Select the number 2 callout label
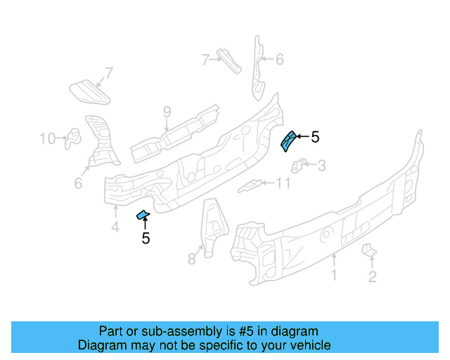(x=372, y=276)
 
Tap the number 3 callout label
(x=322, y=166)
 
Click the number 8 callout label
(x=191, y=259)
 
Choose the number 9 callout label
(x=167, y=112)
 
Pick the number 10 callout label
(x=47, y=139)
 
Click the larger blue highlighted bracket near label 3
(x=288, y=140)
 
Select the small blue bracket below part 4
(x=143, y=214)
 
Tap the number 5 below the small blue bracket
(x=146, y=238)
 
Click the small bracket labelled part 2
(x=369, y=251)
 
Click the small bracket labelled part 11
(x=250, y=186)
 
